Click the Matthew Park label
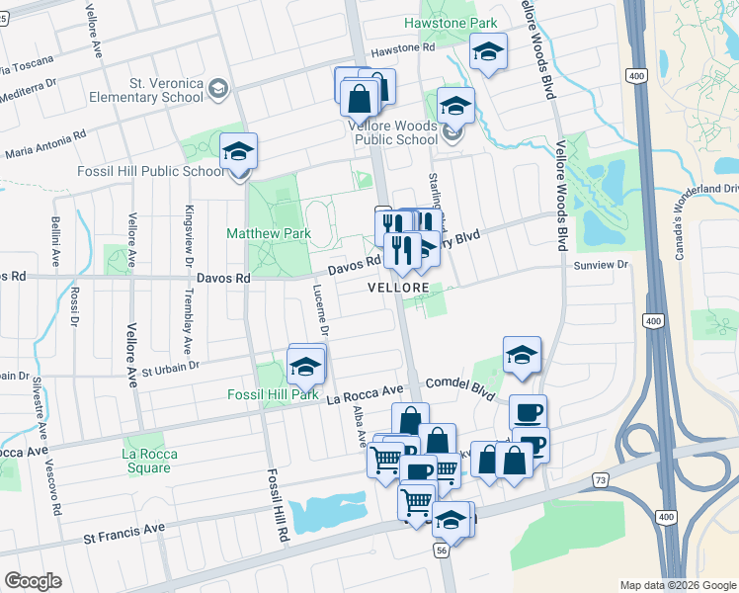[269, 234]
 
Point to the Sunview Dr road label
[601, 265]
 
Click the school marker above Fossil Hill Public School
[238, 151]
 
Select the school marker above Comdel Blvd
[522, 356]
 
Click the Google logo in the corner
[33, 580]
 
